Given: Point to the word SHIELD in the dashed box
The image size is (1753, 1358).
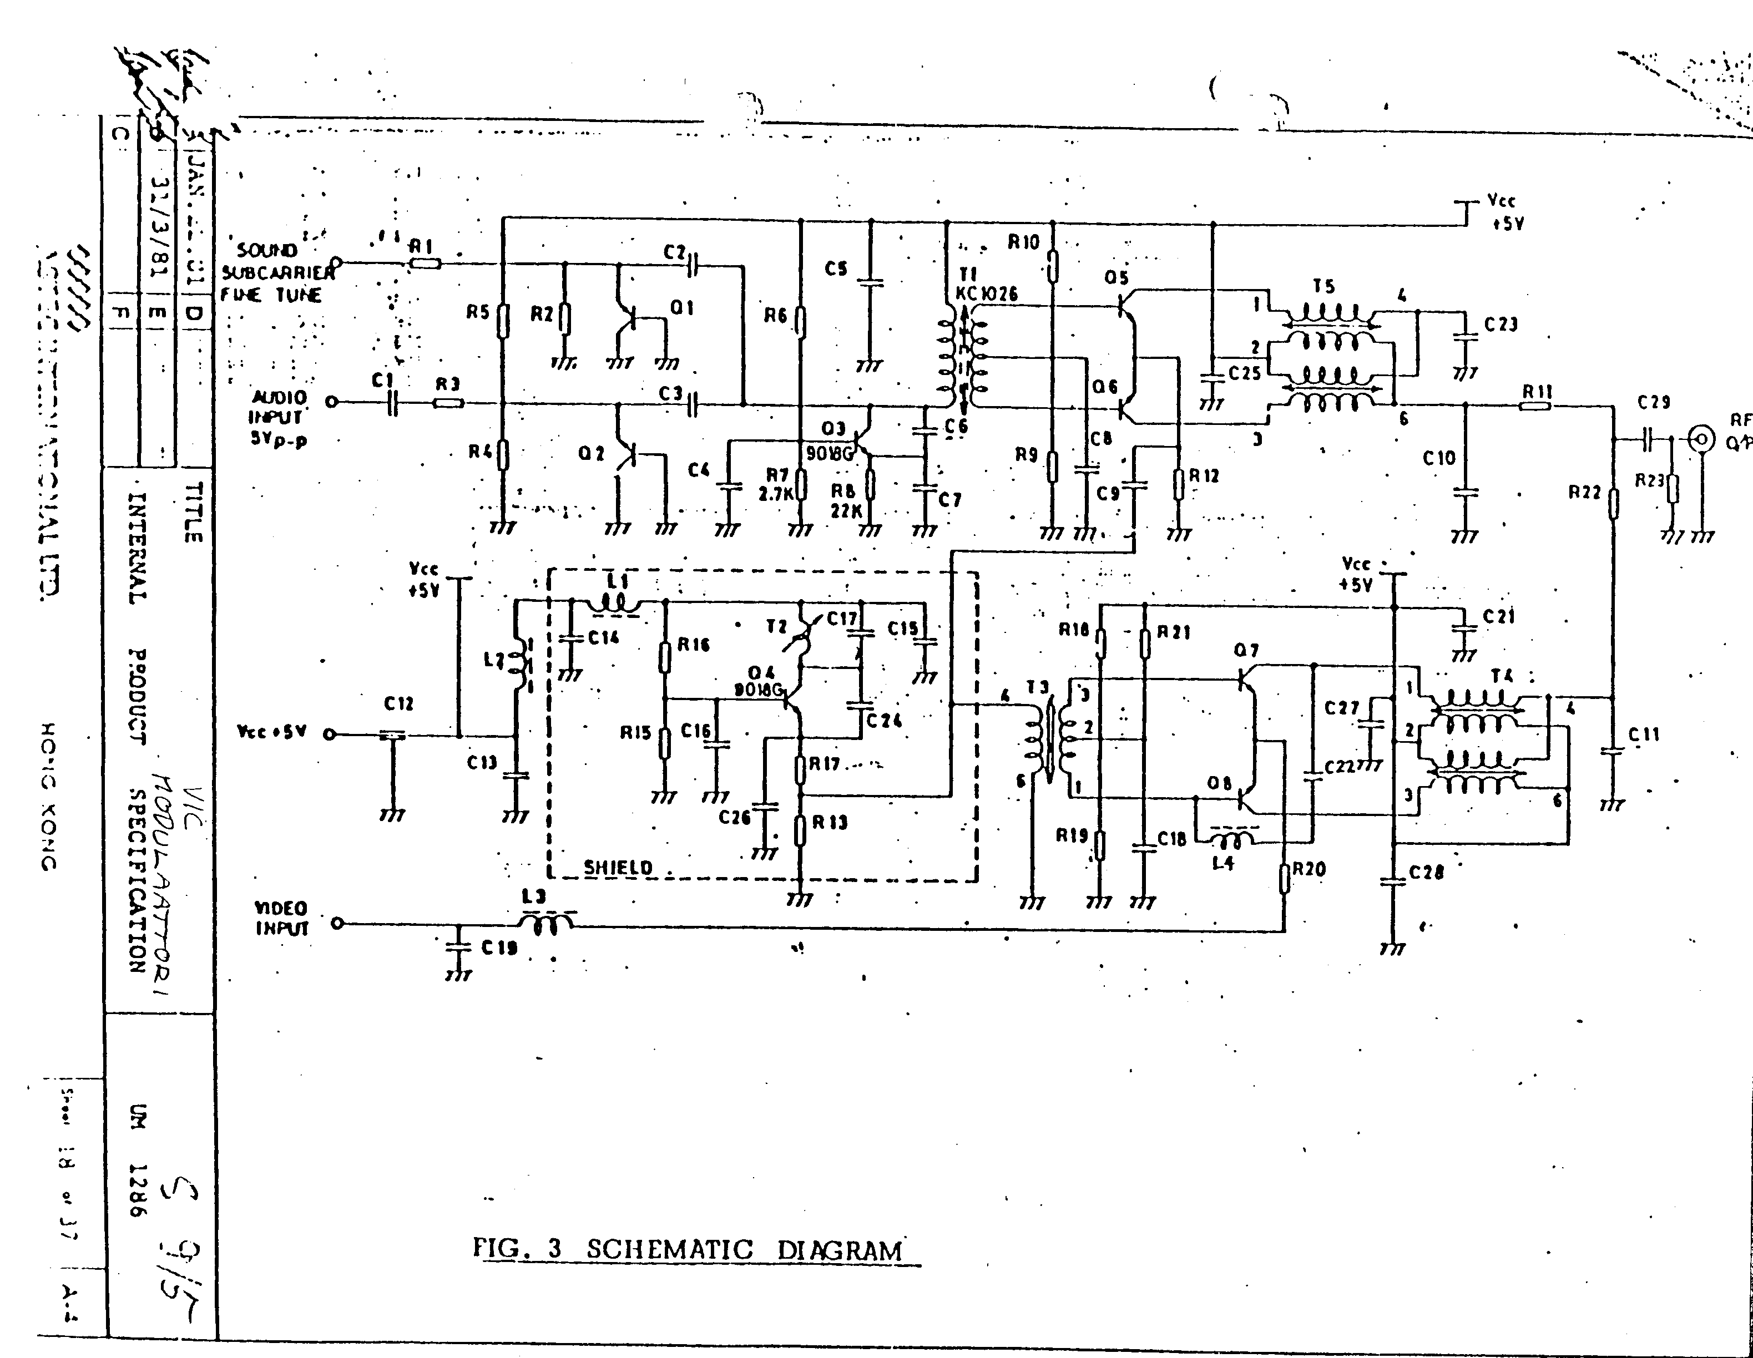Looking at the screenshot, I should point(618,867).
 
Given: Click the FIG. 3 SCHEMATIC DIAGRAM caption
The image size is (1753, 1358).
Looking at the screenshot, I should point(696,1250).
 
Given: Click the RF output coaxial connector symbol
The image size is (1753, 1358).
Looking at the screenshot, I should point(1700,439).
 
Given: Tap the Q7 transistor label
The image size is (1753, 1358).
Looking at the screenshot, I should point(1246,650).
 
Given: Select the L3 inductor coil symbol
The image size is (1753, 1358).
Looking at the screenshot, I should point(547,925).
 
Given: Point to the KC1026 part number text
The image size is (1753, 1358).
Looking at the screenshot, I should point(987,294).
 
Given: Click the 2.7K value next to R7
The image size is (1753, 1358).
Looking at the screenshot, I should point(775,494).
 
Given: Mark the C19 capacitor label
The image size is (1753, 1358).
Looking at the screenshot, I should point(499,948).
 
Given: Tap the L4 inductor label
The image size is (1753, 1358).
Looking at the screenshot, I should point(1222,864).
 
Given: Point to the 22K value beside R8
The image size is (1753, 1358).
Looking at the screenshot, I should point(845,510).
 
